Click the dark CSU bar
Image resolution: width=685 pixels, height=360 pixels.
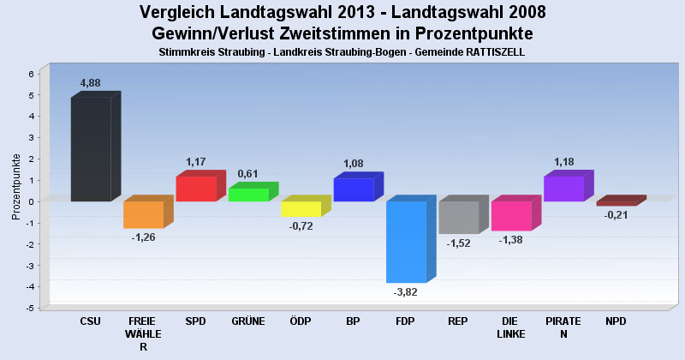pos(90,149)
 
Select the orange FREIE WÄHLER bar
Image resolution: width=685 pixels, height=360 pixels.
pos(143,214)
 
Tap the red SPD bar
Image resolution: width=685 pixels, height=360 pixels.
pos(196,189)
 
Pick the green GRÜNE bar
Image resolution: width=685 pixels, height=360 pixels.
pos(248,195)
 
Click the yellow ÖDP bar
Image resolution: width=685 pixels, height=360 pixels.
pos(301,209)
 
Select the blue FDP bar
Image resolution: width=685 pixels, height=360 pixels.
pos(406,242)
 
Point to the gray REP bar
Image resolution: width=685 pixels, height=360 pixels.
pos(458,218)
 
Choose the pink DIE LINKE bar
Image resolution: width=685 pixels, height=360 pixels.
pos(511,216)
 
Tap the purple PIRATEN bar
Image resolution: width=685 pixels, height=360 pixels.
pos(563,189)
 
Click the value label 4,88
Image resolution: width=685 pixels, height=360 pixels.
pos(91,83)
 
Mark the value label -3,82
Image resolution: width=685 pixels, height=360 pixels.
pos(406,292)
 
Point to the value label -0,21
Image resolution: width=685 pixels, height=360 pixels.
pos(616,215)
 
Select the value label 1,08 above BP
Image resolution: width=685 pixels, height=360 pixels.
pos(354,164)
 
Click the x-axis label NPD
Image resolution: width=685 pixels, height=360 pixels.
pos(616,321)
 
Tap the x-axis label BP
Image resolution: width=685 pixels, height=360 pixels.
pos(353,321)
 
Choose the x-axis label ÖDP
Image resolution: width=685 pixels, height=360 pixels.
pos(301,321)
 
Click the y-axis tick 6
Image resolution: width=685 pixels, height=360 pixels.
pos(30,74)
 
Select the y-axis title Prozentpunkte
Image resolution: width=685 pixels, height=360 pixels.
pos(16,186)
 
